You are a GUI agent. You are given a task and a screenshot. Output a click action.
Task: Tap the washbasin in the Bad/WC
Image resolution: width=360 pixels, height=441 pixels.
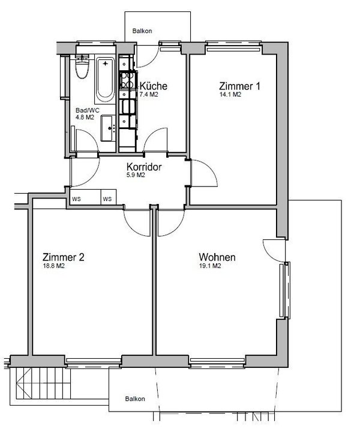point(109,127)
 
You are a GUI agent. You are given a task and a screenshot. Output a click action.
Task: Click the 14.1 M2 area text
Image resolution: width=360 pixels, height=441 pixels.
point(230,95)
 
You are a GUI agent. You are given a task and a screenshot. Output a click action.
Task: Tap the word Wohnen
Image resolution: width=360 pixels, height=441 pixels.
point(217,257)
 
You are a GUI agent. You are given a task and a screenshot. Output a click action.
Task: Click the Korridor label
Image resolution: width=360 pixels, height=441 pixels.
point(144,167)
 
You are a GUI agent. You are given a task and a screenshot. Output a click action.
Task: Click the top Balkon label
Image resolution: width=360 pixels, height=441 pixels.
point(142,31)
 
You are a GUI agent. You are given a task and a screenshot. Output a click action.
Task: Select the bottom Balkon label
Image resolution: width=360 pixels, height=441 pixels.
point(134,399)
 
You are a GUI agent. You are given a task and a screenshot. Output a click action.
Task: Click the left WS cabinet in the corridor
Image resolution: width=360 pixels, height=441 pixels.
point(77,199)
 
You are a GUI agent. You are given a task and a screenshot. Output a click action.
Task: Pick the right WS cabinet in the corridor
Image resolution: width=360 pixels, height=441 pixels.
point(107,199)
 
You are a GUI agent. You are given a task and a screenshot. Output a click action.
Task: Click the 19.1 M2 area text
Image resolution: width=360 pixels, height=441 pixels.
point(211,267)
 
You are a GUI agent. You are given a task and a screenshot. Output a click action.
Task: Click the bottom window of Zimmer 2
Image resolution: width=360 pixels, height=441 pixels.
point(93,361)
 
